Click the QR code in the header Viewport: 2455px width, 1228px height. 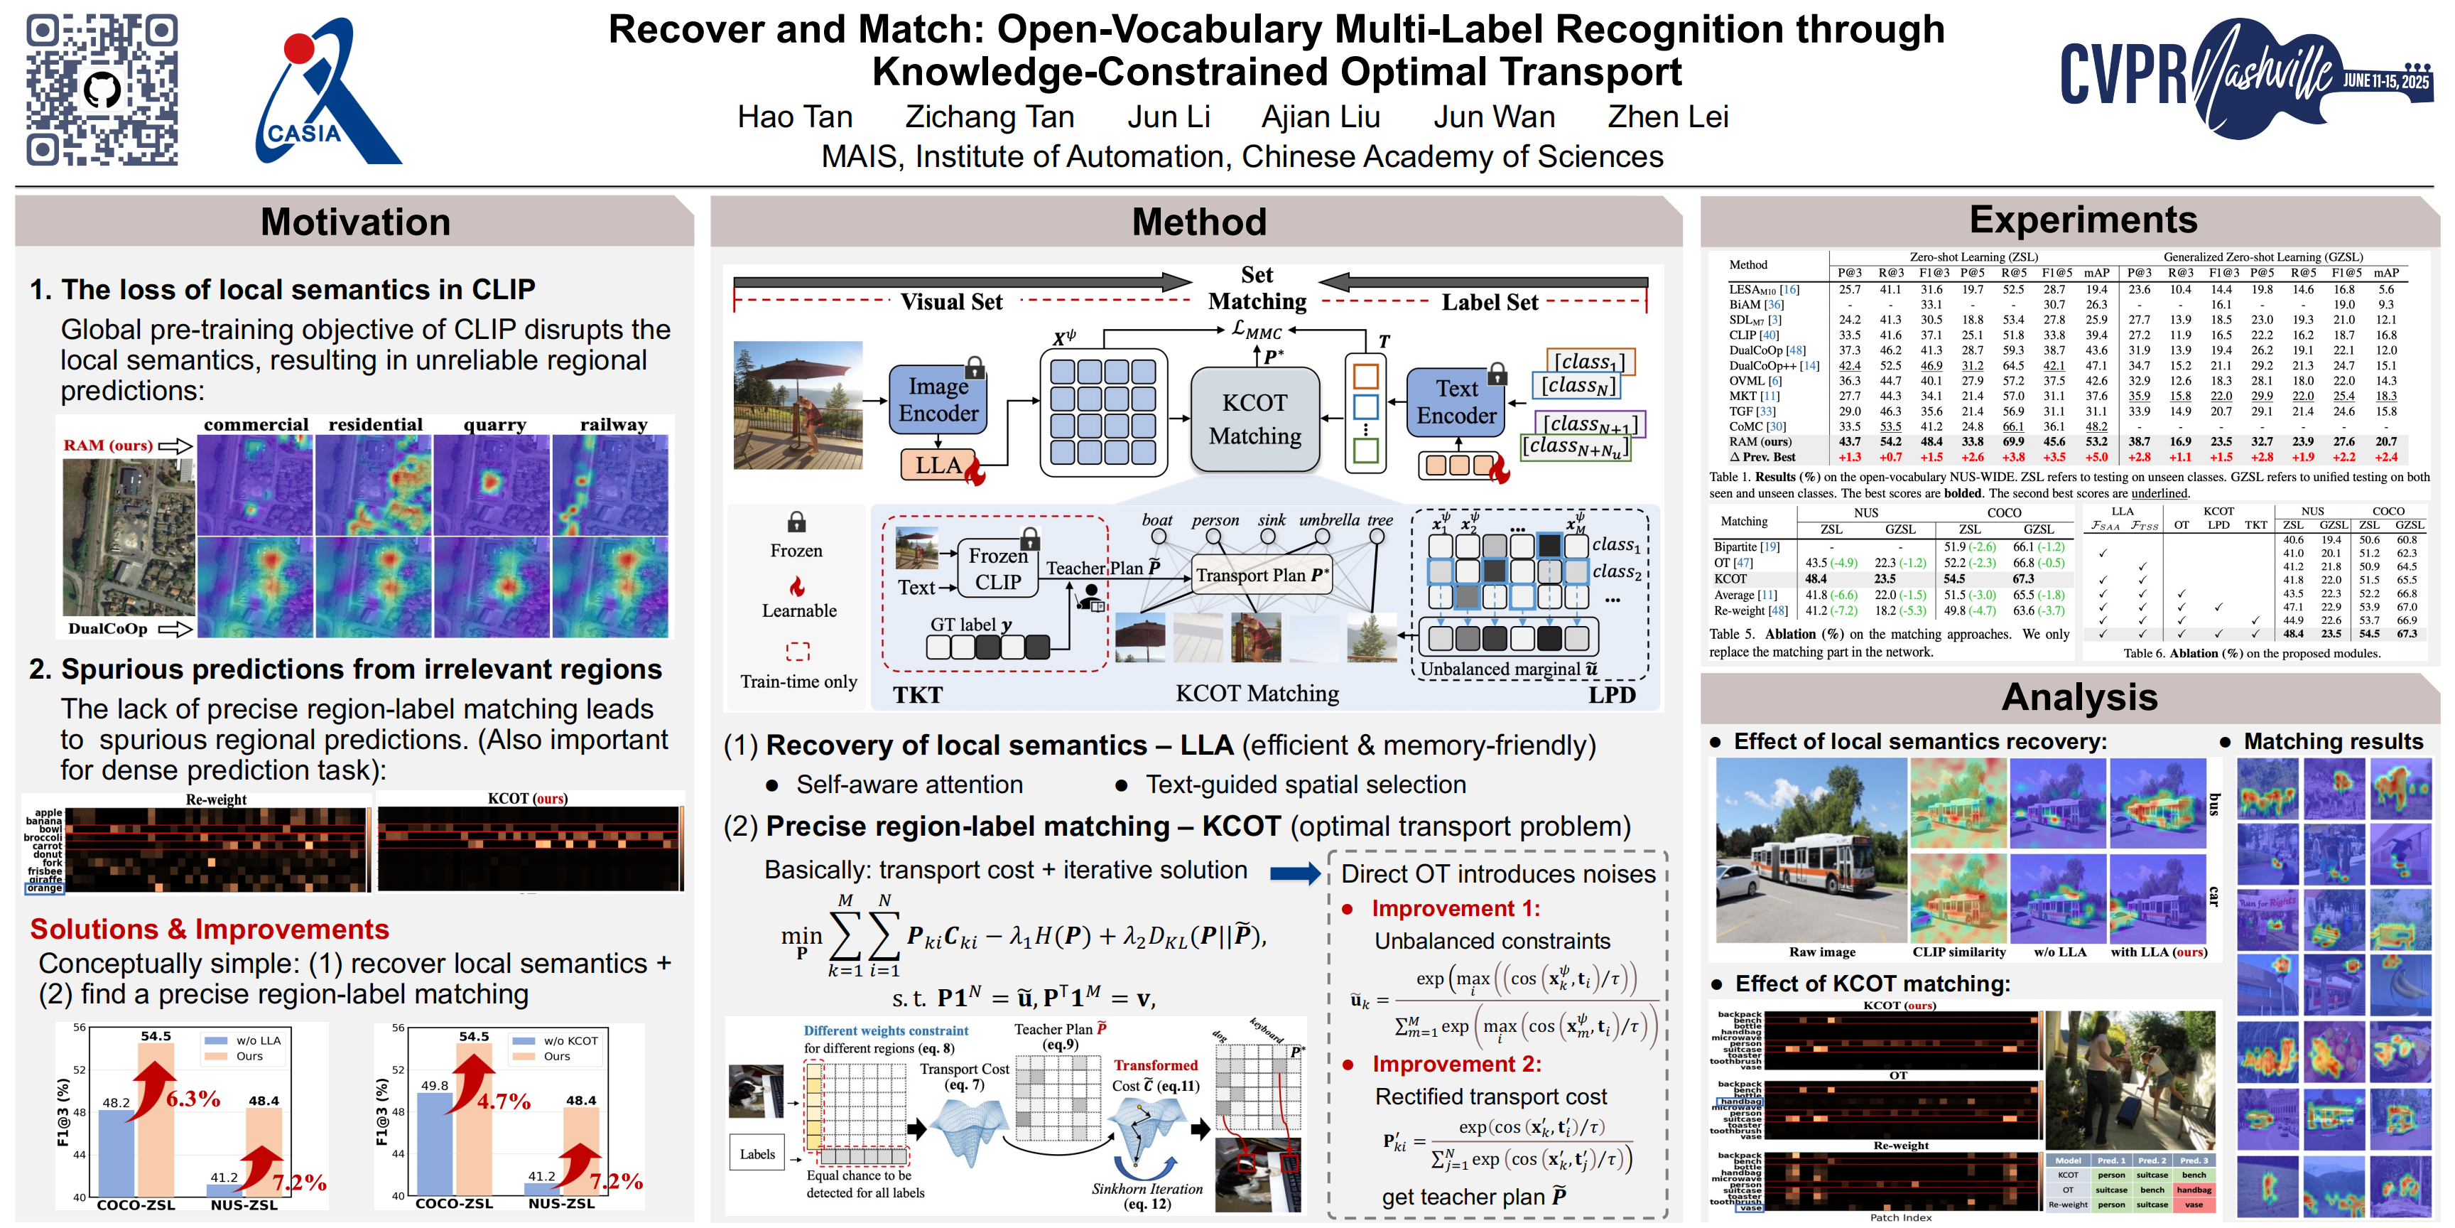pyautogui.click(x=102, y=90)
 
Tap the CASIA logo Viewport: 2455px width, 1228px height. pyautogui.click(x=324, y=92)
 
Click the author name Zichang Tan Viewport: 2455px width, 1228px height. pyautogui.click(x=990, y=117)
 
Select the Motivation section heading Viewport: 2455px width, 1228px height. pyautogui.click(x=354, y=222)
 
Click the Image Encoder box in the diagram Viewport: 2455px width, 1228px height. pyautogui.click(x=938, y=399)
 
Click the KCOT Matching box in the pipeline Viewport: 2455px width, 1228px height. pyautogui.click(x=1255, y=419)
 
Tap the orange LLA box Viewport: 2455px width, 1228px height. pyautogui.click(x=938, y=465)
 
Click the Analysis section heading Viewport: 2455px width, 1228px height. pyautogui.click(x=2079, y=697)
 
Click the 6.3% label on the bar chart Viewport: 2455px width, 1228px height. pyautogui.click(x=193, y=1099)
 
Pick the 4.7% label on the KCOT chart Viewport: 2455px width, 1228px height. pyautogui.click(x=504, y=1102)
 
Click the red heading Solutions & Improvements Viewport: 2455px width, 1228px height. pyautogui.click(x=210, y=930)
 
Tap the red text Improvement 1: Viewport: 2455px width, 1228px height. pyautogui.click(x=1456, y=909)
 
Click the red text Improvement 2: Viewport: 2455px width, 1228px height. pyautogui.click(x=1456, y=1064)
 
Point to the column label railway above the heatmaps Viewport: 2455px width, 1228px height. pyautogui.click(x=614, y=424)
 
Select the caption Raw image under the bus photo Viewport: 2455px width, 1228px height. pyautogui.click(x=1821, y=952)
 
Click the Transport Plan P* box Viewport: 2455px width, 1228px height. pyautogui.click(x=1262, y=576)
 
